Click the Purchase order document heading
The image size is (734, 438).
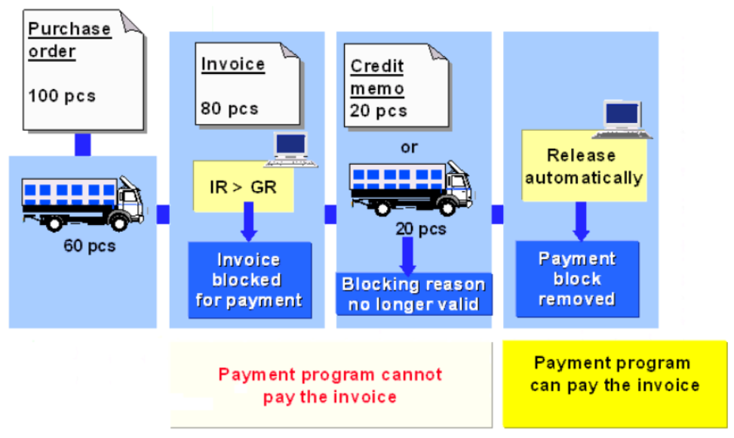coord(69,41)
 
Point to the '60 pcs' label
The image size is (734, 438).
coord(90,246)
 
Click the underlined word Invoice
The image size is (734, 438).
coord(233,64)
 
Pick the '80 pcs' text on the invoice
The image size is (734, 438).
coord(229,109)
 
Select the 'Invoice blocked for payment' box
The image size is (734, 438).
coord(249,280)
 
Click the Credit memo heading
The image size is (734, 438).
coord(377,77)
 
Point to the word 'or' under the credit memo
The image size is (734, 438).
coord(409,147)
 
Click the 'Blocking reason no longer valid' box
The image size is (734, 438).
coord(413,295)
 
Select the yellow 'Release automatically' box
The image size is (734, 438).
coord(583,166)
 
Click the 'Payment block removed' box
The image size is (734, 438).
coord(577,279)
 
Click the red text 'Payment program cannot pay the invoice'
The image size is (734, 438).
coord(330,385)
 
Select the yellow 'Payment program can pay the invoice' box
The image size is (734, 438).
coord(615,384)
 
